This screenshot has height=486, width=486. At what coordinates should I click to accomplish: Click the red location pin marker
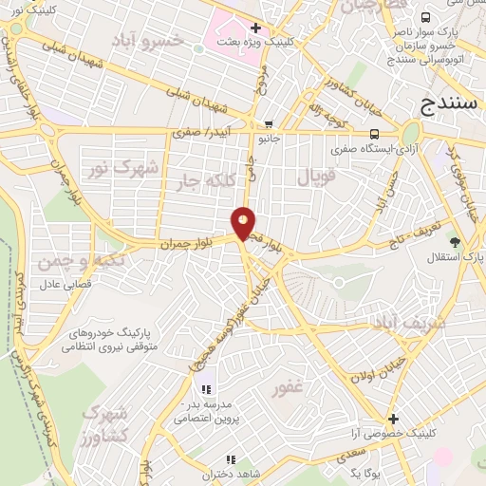point(244,223)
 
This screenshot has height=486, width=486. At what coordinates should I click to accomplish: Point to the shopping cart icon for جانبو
point(270,124)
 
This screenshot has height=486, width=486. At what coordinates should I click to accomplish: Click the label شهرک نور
point(121,169)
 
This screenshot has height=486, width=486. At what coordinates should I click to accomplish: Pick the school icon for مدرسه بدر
point(204,390)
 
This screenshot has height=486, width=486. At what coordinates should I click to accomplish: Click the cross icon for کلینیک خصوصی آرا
point(393,419)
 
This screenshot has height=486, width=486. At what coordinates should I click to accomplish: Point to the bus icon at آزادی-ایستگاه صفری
point(375,134)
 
